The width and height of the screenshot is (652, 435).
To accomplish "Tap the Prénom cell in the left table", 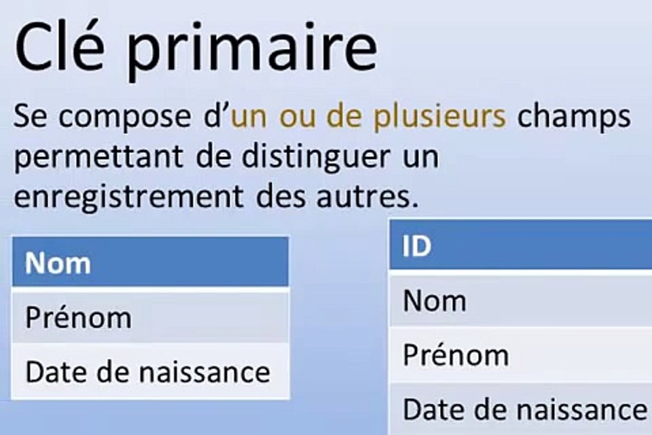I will point(78,318).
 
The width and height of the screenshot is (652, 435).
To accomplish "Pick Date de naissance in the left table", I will point(147,372).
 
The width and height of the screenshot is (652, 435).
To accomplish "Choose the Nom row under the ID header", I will point(435,300).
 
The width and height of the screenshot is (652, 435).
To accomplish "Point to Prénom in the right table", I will point(456,355).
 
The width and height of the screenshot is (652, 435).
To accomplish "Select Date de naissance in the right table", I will point(524,409).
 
